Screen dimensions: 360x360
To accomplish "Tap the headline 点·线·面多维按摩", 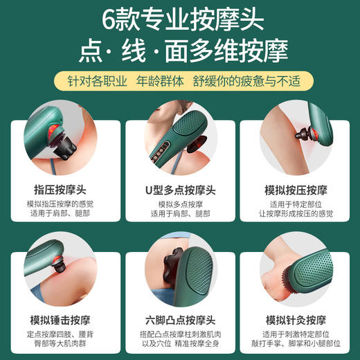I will [x=180, y=52].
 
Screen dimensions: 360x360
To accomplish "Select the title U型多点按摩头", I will [x=180, y=189].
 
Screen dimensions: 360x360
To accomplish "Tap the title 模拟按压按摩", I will [x=297, y=189].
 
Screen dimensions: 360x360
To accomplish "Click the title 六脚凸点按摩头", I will [x=180, y=321].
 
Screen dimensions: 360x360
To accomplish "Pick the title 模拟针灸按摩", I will [x=297, y=321].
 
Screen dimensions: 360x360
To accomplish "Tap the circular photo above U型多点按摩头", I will [x=180, y=142].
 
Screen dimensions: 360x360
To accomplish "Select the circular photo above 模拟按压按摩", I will [x=297, y=142].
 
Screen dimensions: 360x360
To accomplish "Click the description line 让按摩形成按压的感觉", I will [x=297, y=214].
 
